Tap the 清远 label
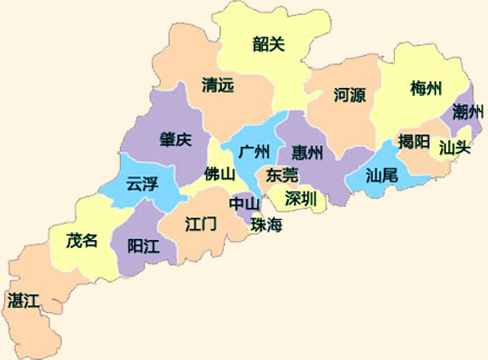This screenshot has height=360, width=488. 217,85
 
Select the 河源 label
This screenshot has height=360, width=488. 349,95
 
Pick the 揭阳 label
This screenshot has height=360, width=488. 411,141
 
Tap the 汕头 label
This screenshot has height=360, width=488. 454,147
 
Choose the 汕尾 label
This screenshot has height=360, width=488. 381,176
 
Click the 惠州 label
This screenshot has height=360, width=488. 308,153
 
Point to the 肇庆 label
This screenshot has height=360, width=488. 175,141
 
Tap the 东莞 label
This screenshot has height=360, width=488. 283,174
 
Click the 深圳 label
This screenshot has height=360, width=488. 300,197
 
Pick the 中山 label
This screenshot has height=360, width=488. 244,203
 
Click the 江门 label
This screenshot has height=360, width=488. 201,223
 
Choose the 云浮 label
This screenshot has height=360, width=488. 142,184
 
